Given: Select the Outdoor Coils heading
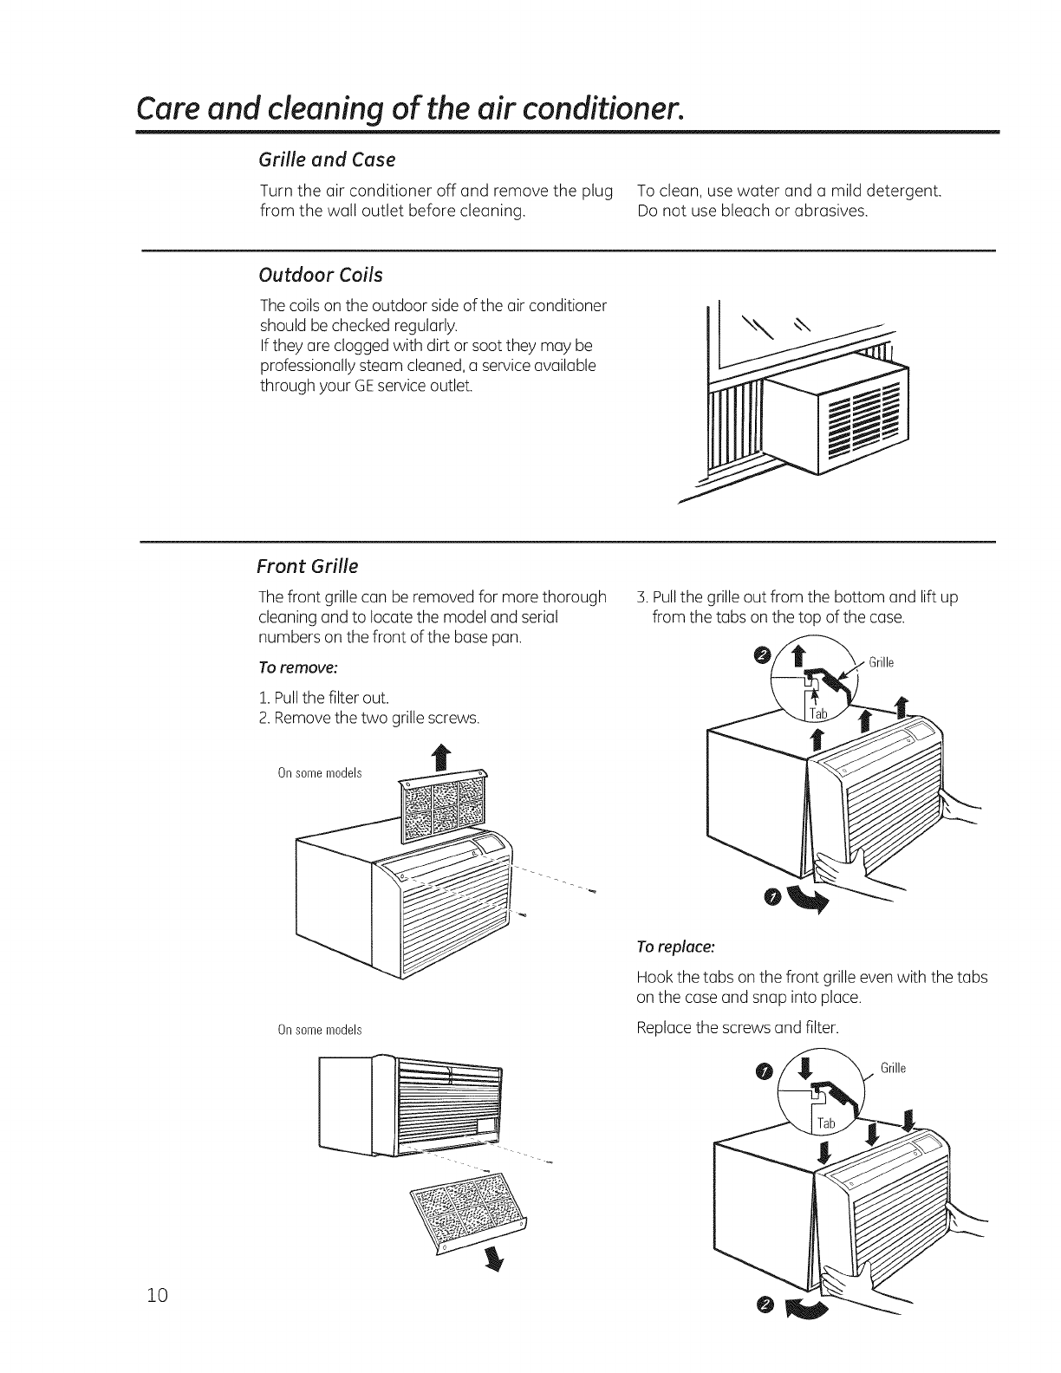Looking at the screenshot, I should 321,275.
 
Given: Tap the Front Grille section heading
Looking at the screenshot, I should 308,567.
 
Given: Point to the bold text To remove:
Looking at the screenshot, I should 297,667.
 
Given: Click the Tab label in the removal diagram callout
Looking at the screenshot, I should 818,713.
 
